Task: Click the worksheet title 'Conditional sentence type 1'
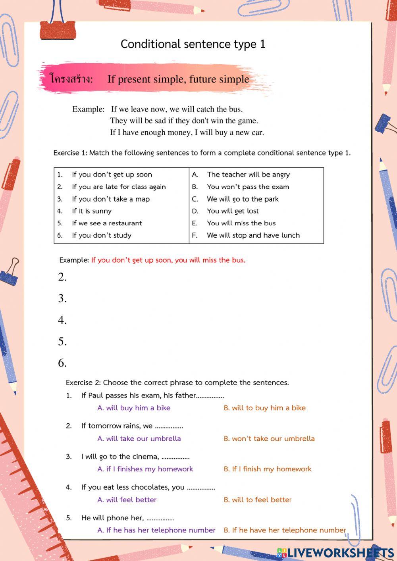193,44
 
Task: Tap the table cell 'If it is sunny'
92,211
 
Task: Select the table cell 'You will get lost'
233,211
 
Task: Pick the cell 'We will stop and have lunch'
253,235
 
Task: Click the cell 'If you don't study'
101,235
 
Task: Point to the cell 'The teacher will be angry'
248,175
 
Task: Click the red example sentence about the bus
168,260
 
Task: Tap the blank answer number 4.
62,320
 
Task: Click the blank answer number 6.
62,363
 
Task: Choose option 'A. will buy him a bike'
134,408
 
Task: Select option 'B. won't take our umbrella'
269,439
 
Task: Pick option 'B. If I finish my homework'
267,469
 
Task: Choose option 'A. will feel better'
127,500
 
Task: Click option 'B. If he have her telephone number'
285,530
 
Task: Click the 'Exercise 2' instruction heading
177,383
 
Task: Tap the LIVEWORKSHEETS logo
335,553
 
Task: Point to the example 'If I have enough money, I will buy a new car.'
187,133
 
